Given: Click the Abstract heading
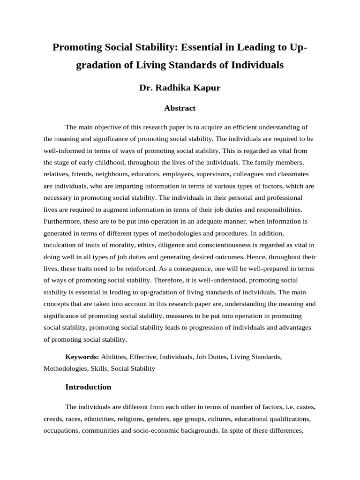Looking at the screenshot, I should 180,108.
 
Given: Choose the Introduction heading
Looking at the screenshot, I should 88,387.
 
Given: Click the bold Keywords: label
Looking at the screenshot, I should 82,357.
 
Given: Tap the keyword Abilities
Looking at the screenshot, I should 113,357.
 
